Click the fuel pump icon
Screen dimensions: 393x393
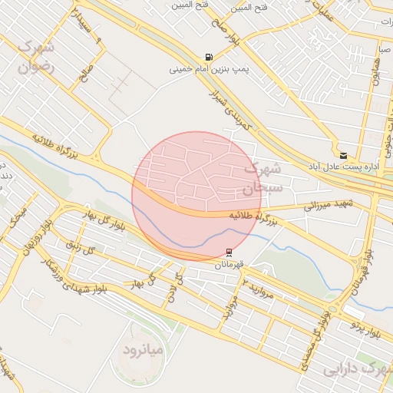point(208,58)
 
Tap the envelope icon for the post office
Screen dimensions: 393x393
point(342,155)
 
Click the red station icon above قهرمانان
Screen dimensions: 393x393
point(229,253)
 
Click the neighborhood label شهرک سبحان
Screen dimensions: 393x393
point(263,177)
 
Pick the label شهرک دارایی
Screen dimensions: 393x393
point(354,368)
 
